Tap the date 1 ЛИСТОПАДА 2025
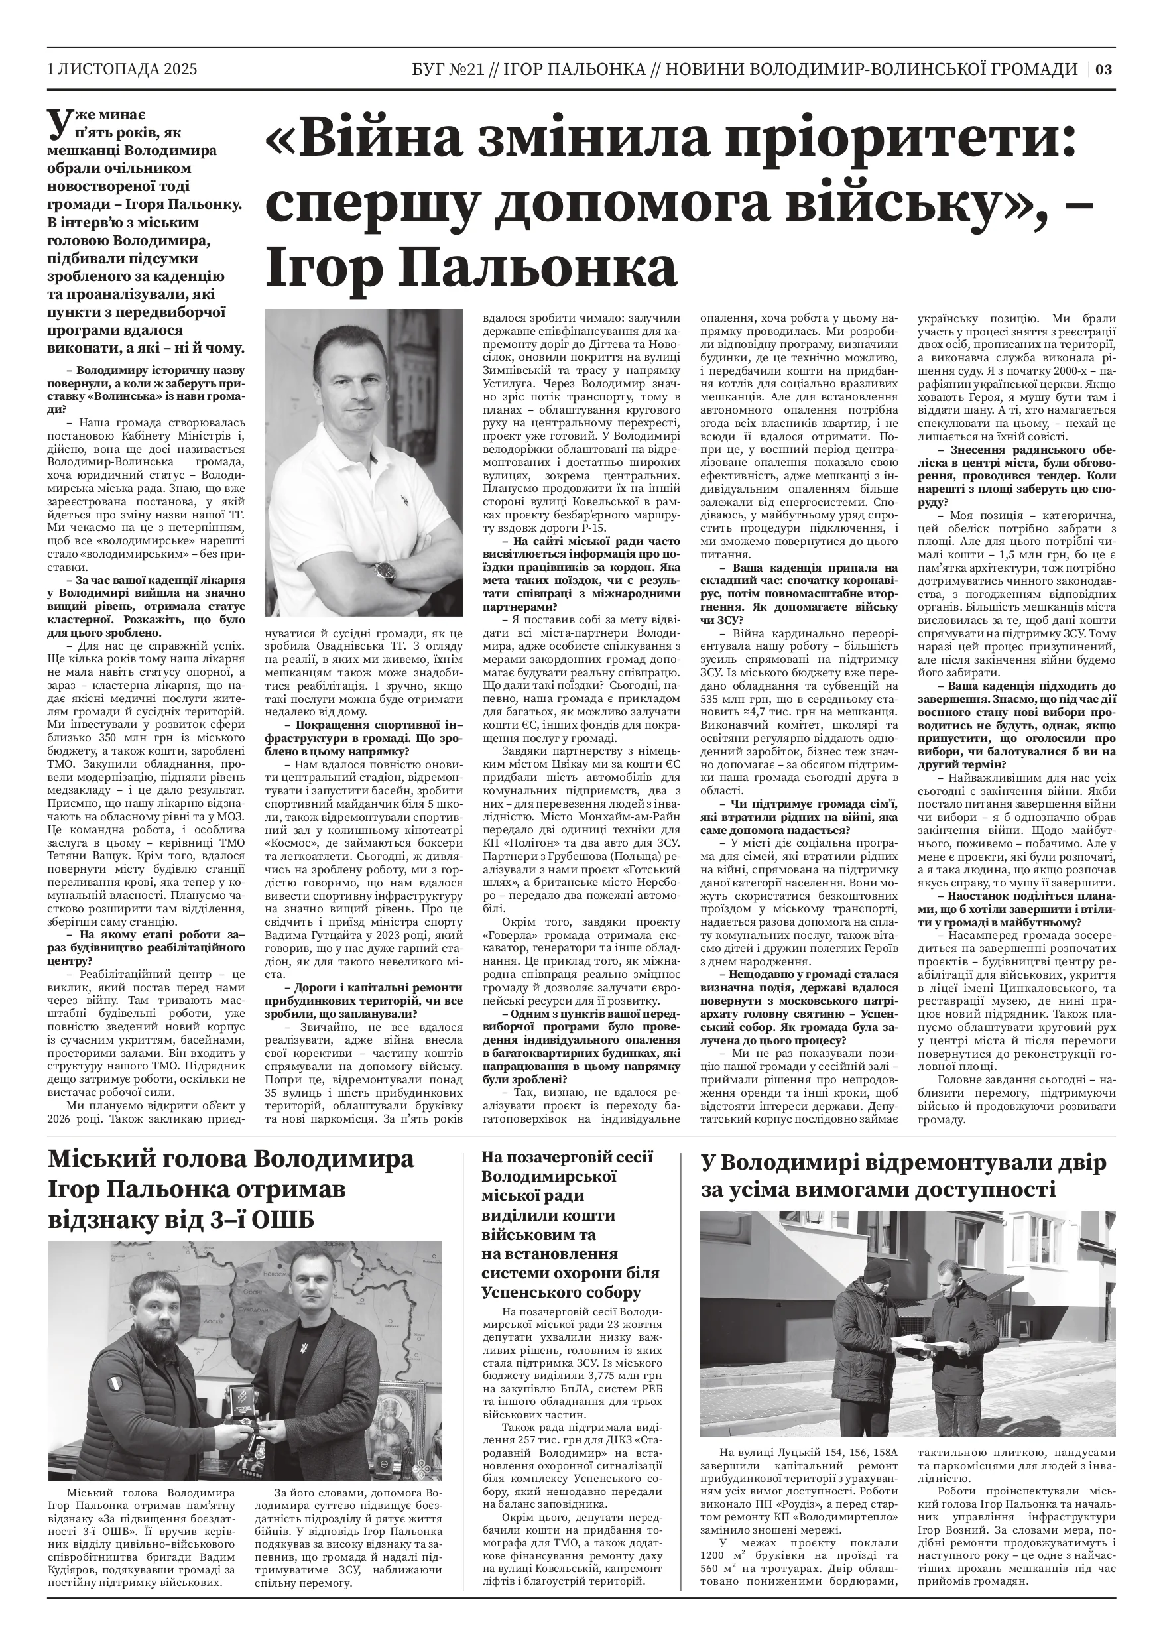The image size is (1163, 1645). click(x=122, y=69)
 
